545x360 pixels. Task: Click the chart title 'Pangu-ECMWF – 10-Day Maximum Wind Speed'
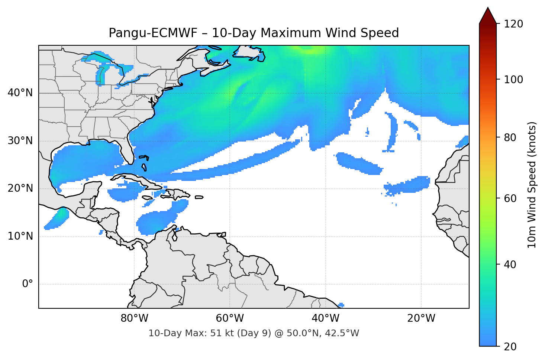point(254,33)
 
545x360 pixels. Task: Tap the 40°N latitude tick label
point(20,93)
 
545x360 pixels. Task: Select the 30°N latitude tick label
point(20,141)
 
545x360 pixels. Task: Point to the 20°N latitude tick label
point(20,188)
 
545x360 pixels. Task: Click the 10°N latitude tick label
point(20,236)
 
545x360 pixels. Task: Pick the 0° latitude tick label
point(28,284)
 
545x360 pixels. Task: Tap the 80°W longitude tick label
point(135,318)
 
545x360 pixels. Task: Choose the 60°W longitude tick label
point(230,318)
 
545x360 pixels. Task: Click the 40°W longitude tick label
point(326,318)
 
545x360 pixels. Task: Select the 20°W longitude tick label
point(421,318)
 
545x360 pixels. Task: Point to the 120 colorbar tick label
point(513,24)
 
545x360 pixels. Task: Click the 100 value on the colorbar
point(513,80)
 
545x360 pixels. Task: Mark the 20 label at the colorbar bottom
point(510,347)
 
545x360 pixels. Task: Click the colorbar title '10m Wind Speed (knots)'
point(532,185)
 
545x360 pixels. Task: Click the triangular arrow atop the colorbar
point(488,16)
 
